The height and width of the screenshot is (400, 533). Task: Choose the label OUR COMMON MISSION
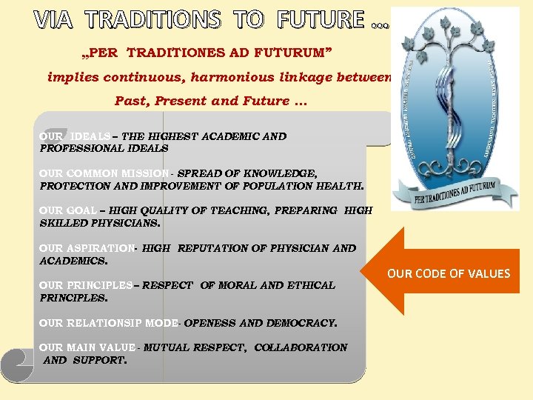pos(104,173)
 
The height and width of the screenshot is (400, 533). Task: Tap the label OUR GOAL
pos(67,210)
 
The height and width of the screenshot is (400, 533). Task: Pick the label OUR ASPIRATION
pos(87,248)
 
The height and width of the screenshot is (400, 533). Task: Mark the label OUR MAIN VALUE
pos(87,347)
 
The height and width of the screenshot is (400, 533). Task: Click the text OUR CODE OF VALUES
pos(449,274)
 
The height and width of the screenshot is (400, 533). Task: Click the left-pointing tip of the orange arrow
pos(370,272)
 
